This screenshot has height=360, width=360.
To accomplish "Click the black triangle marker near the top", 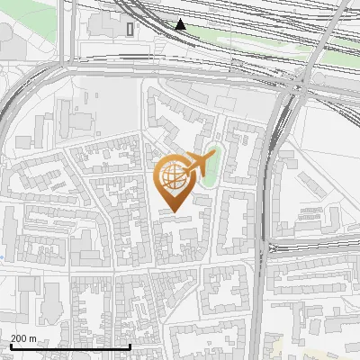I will coord(182,24).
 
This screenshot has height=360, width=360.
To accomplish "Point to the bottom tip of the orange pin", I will coord(173,212).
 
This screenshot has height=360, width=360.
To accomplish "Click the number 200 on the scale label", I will coord(19,338).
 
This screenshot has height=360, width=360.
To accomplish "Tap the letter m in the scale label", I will coord(33,338).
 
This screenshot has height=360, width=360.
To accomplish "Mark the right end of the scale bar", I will coord(130,346).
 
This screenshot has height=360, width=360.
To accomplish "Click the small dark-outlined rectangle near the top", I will coord(131,29).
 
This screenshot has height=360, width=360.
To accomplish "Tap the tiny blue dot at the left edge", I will coord(2,257).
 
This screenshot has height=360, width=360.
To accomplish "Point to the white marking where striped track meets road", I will coord(270,247).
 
